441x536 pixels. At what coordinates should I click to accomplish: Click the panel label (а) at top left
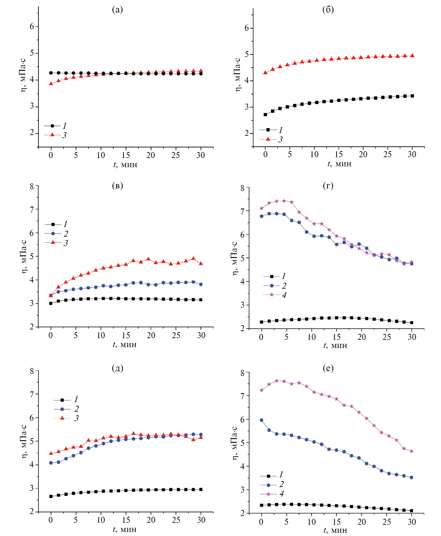click(117, 10)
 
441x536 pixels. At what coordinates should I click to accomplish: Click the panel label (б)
click(328, 10)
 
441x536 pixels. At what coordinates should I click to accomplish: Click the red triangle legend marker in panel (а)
click(52, 135)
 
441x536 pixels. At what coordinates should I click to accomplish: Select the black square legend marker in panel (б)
click(268, 130)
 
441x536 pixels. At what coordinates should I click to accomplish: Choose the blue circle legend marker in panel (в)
click(53, 233)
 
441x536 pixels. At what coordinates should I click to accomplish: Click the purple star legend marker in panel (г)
click(272, 295)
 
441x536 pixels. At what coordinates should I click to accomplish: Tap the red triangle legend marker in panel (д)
click(62, 418)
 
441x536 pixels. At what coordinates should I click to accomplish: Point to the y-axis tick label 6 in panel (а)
click(32, 26)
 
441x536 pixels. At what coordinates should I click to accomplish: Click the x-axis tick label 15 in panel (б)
click(339, 154)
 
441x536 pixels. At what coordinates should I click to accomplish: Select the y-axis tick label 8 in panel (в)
click(32, 187)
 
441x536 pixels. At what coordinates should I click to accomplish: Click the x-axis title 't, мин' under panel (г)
click(335, 345)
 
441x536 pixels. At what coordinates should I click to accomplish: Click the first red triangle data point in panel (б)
click(265, 72)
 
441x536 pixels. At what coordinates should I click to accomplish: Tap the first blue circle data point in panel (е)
click(261, 420)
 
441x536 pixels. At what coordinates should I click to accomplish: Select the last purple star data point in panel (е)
click(412, 451)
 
